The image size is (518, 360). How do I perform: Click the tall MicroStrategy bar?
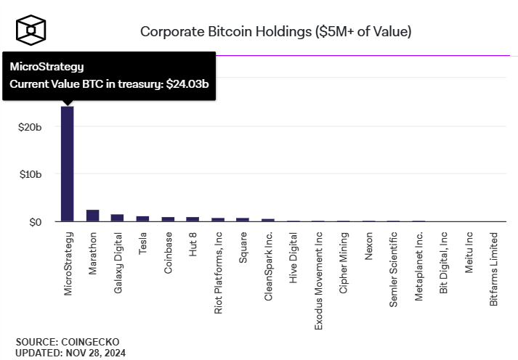click(67, 163)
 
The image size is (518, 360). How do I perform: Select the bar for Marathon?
click(92, 216)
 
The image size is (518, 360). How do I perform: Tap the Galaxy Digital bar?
click(117, 218)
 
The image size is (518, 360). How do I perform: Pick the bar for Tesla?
click(142, 218)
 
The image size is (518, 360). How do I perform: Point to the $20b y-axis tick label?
click(30, 127)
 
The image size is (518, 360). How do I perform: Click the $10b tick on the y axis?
click(30, 174)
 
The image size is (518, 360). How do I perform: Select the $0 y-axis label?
click(35, 221)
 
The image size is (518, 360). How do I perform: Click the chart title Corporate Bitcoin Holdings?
click(275, 31)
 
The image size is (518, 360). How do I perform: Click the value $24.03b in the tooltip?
click(187, 84)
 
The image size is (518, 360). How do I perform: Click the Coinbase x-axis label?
click(168, 253)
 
